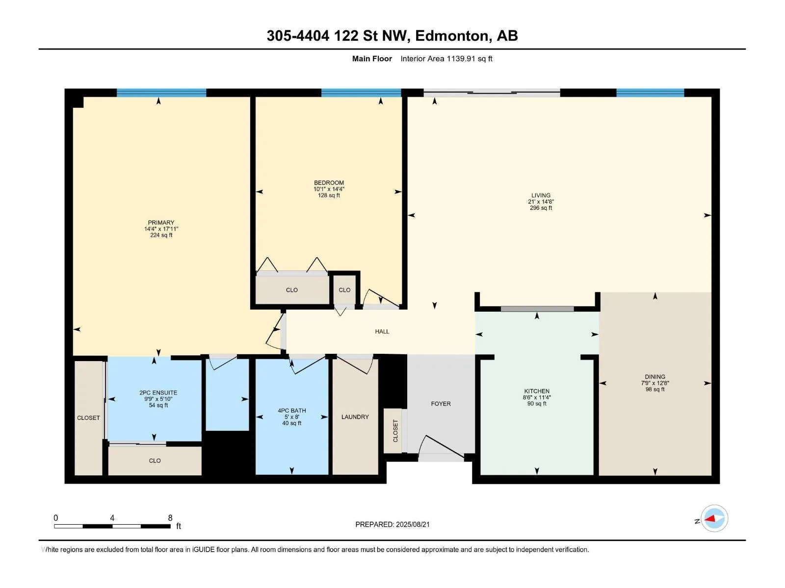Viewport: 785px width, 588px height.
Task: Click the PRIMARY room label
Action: (x=161, y=222)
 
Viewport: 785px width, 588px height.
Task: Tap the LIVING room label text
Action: (x=540, y=196)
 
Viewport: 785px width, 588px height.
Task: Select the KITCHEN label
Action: (x=536, y=391)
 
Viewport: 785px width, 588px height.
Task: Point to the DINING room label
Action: (x=655, y=377)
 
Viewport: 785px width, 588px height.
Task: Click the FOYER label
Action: (x=441, y=403)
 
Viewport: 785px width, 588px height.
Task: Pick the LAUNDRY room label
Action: (x=355, y=416)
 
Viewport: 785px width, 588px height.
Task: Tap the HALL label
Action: (x=382, y=331)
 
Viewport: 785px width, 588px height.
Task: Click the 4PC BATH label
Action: (x=291, y=411)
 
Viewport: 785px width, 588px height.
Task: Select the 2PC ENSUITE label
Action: (x=158, y=392)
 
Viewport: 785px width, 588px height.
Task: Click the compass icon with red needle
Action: (x=714, y=518)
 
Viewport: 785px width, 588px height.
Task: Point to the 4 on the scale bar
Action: (x=112, y=517)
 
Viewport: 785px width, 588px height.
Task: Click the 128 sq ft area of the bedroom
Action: (x=329, y=196)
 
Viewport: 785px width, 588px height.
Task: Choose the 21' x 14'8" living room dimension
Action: (x=540, y=202)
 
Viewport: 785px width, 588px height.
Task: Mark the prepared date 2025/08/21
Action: (x=412, y=524)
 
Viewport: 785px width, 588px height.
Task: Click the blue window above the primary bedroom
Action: (x=161, y=93)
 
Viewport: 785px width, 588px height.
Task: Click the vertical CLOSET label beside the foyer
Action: (x=395, y=431)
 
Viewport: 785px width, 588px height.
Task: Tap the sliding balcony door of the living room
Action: (x=492, y=93)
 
